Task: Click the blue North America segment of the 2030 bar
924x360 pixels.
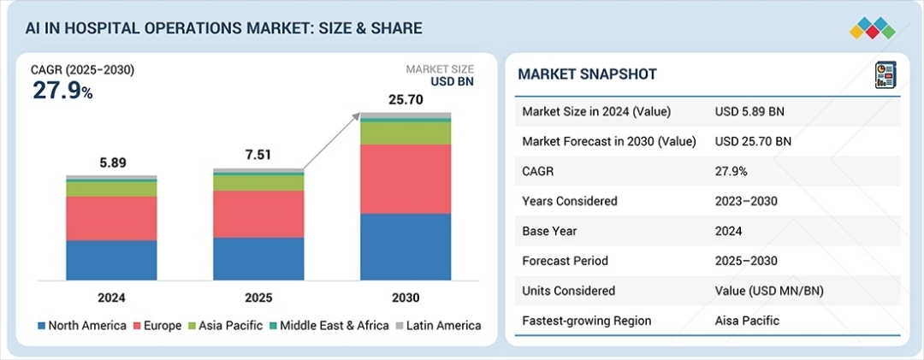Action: (x=406, y=246)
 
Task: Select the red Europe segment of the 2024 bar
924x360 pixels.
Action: (x=111, y=218)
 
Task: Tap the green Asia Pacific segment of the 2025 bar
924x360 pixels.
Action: (x=258, y=182)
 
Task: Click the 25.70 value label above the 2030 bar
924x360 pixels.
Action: (x=406, y=99)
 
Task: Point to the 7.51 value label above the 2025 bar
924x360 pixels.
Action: (x=258, y=155)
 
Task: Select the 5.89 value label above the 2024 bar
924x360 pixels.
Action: (x=111, y=162)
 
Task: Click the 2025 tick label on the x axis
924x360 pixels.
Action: (x=258, y=298)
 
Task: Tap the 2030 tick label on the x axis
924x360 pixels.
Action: (x=406, y=298)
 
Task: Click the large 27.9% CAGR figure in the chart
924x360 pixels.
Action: (x=62, y=90)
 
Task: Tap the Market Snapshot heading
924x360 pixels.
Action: (x=587, y=74)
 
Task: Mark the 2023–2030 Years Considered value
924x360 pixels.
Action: (x=750, y=201)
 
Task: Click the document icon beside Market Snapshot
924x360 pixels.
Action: (x=884, y=74)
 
